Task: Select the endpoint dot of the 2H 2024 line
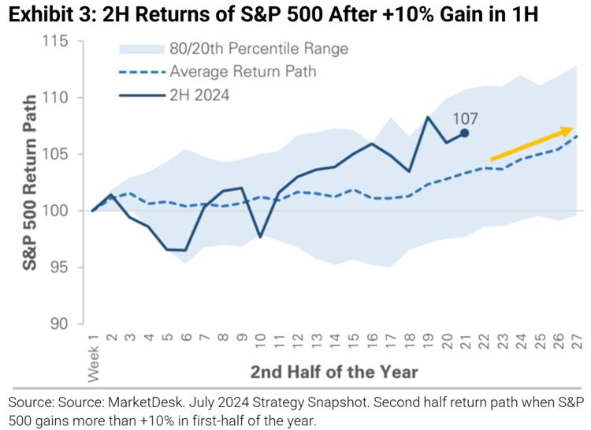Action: click(465, 133)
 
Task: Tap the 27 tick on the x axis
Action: click(578, 342)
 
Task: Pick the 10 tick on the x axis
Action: click(261, 342)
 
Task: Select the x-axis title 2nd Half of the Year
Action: click(334, 371)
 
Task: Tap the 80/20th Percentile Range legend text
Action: click(258, 49)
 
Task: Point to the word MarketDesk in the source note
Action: click(152, 403)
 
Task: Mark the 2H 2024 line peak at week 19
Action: click(428, 117)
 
